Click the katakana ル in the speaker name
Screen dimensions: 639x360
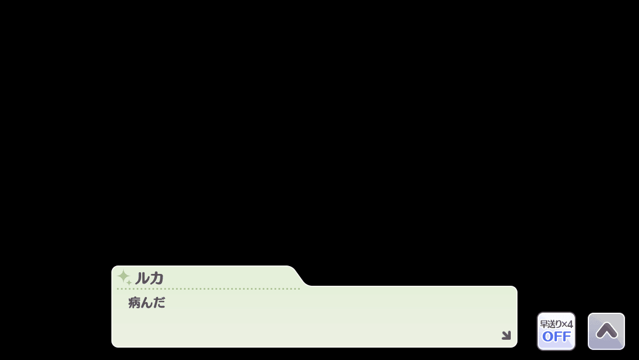click(141, 278)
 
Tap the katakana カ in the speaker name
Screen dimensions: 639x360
click(156, 278)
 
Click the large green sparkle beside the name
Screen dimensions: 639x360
click(123, 276)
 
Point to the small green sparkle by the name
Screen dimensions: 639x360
click(129, 282)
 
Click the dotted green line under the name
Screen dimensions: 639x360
click(208, 289)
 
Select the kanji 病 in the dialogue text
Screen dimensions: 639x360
click(134, 303)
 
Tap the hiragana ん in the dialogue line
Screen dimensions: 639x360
click(147, 303)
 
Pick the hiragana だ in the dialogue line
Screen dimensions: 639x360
click(159, 303)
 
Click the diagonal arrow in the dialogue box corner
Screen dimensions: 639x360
click(506, 335)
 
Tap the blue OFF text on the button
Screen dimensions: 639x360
click(556, 337)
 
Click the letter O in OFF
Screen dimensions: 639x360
click(547, 337)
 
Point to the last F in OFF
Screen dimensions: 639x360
click(567, 337)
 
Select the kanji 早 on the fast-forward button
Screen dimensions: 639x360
click(543, 324)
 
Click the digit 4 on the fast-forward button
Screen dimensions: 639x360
click(570, 324)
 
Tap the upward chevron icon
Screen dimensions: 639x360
click(607, 331)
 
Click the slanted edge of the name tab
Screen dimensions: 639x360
click(300, 276)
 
